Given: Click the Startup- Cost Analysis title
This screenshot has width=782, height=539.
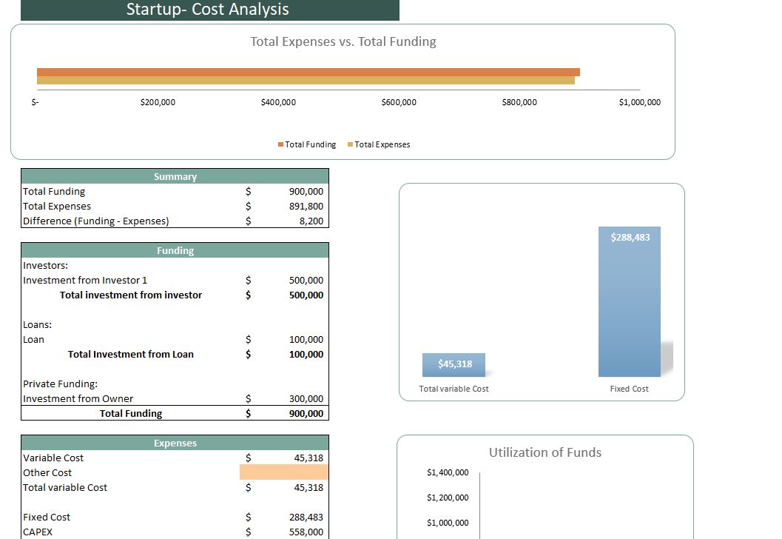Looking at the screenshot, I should point(208,10).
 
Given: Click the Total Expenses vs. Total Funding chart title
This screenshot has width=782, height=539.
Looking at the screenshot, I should point(343,41).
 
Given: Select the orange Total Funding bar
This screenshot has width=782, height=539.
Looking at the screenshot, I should point(308,72).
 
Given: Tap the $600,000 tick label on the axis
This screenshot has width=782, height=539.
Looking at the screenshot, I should point(399,102).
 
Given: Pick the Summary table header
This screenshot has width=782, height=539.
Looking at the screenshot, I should point(175,176).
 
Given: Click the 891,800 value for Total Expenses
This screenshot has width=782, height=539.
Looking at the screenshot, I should point(306,206).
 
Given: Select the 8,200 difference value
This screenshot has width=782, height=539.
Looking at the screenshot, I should point(311,221).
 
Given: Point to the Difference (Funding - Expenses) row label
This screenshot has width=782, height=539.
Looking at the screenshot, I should point(96,221).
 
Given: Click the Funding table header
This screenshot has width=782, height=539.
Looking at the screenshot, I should point(175,250).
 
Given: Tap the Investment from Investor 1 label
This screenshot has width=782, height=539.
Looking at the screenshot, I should point(85,280).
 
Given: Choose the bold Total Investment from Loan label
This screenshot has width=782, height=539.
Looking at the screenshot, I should point(131,354).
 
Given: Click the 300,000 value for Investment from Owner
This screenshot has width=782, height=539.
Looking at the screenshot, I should point(306,398).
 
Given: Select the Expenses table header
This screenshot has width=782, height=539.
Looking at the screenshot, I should point(175,443).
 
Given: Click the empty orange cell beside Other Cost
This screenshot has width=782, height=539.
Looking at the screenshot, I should point(284,472).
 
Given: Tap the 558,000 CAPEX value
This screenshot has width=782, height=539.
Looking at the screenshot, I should point(306,532).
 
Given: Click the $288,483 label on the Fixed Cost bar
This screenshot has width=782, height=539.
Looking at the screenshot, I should point(630,237).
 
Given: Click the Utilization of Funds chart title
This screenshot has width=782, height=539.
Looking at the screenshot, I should point(545,452).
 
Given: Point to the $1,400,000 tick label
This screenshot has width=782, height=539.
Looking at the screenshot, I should point(448,472).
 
